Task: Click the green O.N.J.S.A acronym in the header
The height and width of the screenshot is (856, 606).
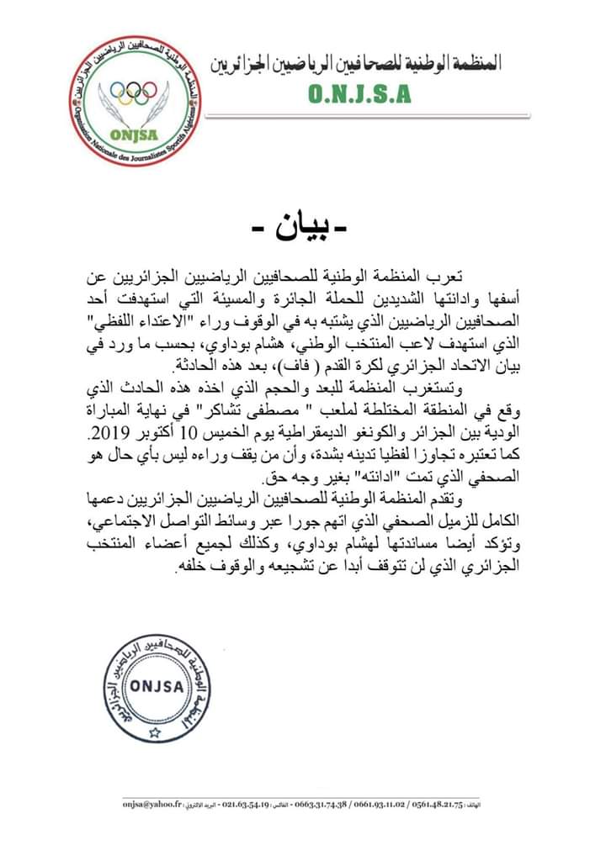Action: pos(359,95)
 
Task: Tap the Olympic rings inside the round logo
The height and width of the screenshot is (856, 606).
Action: pos(134,92)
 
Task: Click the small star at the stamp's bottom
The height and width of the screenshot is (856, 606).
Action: pos(153,732)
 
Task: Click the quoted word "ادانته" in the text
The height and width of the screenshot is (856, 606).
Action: pos(340,478)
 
